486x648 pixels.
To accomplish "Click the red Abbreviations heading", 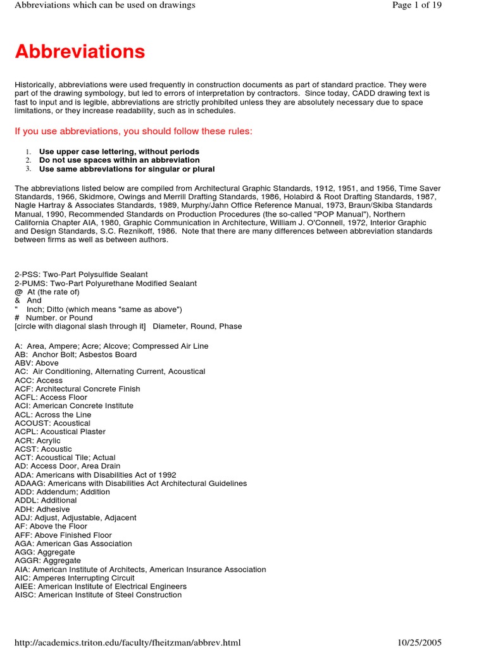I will point(80,51).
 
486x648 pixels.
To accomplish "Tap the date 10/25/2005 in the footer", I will point(420,642).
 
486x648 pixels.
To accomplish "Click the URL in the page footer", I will point(128,642).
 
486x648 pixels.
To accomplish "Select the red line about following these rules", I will point(134,131).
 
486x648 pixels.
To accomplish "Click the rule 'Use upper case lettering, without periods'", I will point(119,152).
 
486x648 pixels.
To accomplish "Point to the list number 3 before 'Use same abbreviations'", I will point(28,169).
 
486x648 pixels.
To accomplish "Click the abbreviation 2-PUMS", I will point(27,283).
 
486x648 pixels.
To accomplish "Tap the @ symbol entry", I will point(18,292).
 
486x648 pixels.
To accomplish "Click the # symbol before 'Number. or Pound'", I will point(18,318).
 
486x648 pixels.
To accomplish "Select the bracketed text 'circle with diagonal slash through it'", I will point(80,327).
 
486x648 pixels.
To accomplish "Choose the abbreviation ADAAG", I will point(28,483).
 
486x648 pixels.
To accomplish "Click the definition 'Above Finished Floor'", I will point(73,535).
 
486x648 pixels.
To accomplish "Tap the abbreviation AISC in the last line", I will point(25,595).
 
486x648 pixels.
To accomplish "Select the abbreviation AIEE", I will point(25,587).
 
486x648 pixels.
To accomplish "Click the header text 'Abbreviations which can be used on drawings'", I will point(105,5).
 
